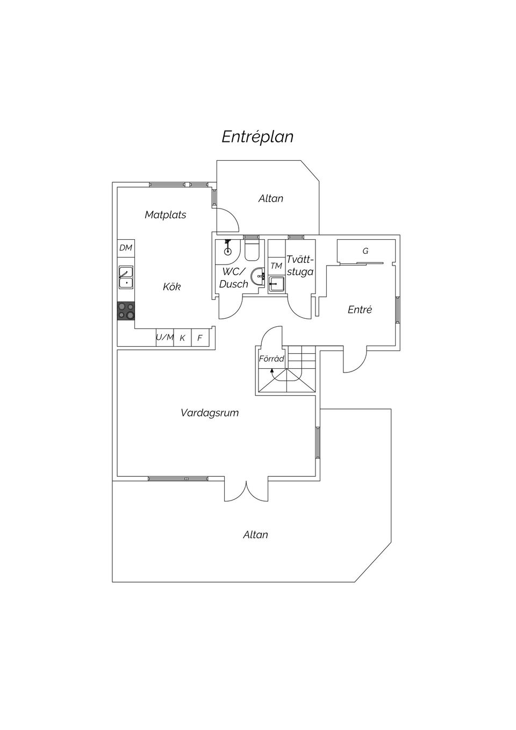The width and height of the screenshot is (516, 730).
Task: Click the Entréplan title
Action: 257,137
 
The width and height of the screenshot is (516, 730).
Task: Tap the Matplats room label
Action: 166,215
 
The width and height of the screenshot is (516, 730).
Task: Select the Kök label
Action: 171,287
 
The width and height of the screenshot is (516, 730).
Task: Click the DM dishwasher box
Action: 126,248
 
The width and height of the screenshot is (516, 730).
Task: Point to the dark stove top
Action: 126,311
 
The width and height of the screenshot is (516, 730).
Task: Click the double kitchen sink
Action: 126,278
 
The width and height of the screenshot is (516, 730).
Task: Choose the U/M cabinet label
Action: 164,337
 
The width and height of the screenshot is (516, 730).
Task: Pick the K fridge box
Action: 182,337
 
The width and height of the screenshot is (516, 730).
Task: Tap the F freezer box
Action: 200,337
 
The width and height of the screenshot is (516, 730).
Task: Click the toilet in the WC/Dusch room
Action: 251,250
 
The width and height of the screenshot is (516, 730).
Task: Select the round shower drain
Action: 228,251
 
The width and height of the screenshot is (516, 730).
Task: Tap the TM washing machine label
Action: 276,266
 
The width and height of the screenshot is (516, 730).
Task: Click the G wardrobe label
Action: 365,251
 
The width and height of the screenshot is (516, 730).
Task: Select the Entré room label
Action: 360,309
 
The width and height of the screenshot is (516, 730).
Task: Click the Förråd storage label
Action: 271,359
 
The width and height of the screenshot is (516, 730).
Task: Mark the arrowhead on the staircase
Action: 271,370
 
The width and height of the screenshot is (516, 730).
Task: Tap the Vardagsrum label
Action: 210,413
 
